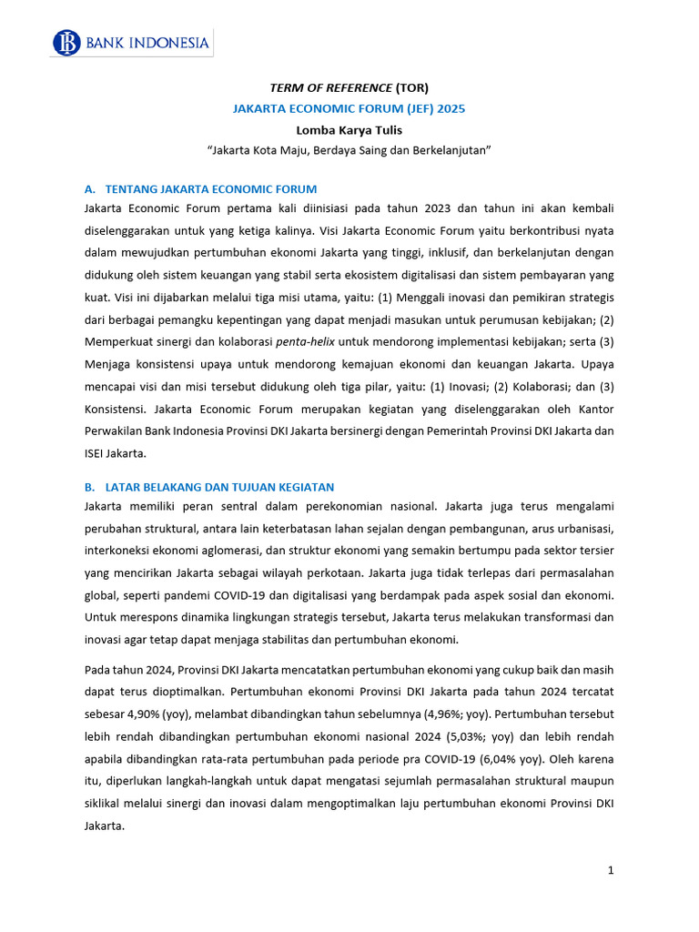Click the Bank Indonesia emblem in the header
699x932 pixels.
(67, 43)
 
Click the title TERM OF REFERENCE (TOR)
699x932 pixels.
(349, 87)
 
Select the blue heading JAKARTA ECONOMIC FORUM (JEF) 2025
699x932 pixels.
(349, 108)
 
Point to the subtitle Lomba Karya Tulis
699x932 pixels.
(349, 129)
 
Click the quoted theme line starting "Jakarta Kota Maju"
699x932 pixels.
(349, 150)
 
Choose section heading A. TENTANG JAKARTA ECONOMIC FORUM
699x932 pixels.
(199, 189)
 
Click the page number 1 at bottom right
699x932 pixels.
(611, 871)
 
